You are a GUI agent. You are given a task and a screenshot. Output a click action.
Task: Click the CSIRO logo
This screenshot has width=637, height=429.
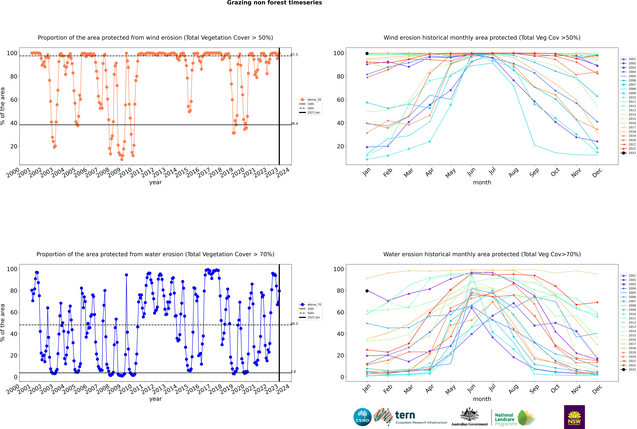[x=362, y=417]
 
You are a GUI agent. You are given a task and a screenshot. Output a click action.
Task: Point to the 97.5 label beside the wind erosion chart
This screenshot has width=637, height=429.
[x=294, y=55]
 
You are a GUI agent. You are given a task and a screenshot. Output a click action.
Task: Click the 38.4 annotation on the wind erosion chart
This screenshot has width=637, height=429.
[x=294, y=124]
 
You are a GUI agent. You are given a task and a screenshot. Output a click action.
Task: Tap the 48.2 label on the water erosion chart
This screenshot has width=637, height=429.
[x=294, y=324]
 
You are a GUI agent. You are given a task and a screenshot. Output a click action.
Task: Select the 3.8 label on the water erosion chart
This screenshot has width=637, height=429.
[x=293, y=372]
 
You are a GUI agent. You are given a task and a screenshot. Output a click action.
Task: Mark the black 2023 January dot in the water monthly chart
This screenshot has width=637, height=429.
[x=367, y=291]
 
